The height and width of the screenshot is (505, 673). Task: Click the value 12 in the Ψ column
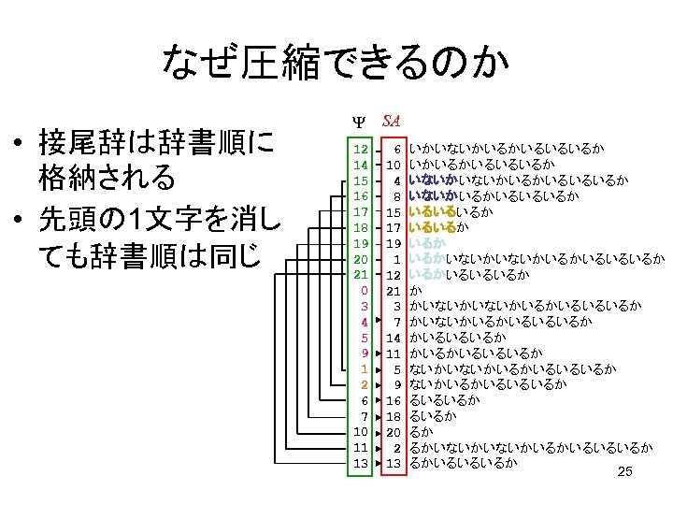point(360,149)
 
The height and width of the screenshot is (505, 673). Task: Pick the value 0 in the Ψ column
point(364,290)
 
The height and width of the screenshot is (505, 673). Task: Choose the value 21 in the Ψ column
point(360,274)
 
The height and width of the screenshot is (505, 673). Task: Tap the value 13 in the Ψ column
point(360,463)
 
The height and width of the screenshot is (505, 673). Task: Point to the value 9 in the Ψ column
point(364,353)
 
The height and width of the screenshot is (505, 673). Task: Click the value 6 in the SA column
point(397,149)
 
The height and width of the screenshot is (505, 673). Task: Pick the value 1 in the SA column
point(397,258)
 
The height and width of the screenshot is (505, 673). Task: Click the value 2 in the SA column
point(397,447)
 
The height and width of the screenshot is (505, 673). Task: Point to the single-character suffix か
point(414,290)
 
